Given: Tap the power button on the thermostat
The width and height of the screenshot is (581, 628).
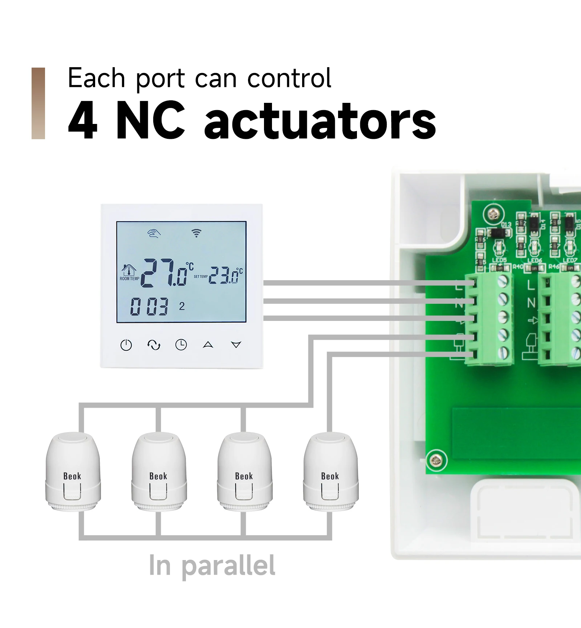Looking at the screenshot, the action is (x=126, y=345).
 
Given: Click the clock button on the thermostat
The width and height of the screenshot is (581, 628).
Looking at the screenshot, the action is (x=181, y=345).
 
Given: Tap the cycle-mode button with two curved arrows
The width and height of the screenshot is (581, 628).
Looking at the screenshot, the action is (x=154, y=345).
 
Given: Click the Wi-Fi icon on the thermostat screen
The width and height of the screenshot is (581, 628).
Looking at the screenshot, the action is (x=196, y=233).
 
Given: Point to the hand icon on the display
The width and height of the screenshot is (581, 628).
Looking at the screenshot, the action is (x=154, y=233).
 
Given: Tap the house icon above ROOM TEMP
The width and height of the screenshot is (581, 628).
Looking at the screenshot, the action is (x=129, y=270).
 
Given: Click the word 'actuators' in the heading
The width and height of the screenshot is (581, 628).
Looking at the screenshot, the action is (x=320, y=121).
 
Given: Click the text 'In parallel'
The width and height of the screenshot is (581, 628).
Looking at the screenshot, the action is (x=212, y=566).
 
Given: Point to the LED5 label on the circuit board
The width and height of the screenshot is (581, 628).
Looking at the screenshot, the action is (x=499, y=260).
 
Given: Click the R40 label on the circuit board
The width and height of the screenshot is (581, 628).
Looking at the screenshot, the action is (x=518, y=267).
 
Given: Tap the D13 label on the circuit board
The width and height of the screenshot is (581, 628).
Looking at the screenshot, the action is (x=506, y=225).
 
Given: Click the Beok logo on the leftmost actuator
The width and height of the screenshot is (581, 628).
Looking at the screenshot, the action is (x=72, y=476).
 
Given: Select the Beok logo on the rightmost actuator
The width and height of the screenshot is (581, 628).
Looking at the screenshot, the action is (x=330, y=476).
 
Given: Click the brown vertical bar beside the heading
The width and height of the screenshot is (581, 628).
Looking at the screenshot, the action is (x=38, y=103).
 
